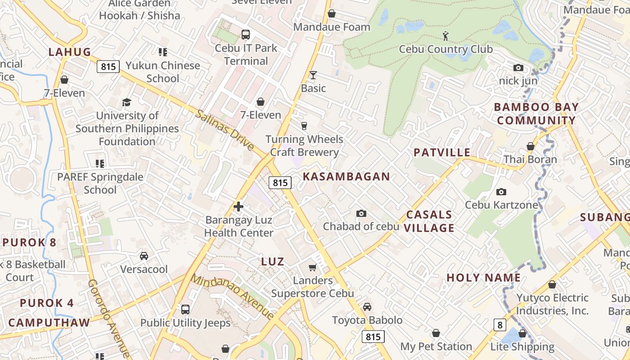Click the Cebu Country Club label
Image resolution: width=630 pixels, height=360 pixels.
[446, 49]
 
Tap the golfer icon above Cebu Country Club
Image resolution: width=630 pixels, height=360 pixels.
[445, 36]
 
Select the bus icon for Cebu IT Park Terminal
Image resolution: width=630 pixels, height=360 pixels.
[246, 35]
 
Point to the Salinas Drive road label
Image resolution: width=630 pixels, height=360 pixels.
[224, 130]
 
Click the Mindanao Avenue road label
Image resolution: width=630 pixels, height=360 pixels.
[232, 296]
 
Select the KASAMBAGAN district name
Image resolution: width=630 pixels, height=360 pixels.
[346, 176]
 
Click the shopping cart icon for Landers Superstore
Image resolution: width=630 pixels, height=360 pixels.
[313, 268]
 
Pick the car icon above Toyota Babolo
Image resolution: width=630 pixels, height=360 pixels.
[367, 307]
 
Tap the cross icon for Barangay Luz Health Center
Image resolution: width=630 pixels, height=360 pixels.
[238, 207]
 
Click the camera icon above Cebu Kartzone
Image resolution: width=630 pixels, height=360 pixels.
[501, 192]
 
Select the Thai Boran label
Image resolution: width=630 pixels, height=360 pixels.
[530, 159]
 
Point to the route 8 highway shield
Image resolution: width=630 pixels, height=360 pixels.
[499, 324]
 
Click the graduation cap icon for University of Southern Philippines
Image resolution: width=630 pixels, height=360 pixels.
[127, 103]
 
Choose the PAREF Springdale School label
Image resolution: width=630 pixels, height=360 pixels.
[100, 183]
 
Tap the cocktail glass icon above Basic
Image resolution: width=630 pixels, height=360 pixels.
[313, 75]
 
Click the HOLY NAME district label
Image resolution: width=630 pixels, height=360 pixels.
[483, 278]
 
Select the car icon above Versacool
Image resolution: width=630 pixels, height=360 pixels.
[144, 256]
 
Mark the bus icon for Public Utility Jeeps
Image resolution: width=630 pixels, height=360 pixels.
[185, 310]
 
